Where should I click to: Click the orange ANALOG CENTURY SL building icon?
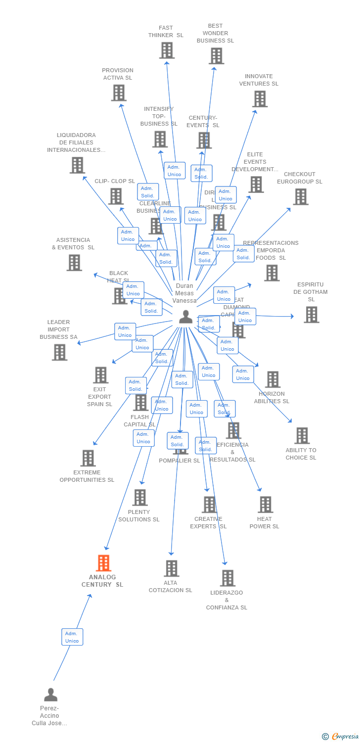(103, 563)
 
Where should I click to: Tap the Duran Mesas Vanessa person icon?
(186, 317)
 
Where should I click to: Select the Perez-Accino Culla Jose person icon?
(50, 695)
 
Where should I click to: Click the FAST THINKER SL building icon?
(167, 50)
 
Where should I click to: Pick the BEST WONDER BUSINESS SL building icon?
(216, 56)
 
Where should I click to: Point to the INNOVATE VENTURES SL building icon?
(260, 99)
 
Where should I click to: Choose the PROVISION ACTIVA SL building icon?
(119, 93)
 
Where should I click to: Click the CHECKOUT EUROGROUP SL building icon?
(300, 197)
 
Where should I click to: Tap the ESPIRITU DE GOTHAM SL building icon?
(311, 315)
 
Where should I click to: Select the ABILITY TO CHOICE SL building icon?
(302, 436)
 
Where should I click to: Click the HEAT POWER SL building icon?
(265, 505)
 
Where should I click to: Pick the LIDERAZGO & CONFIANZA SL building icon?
(227, 578)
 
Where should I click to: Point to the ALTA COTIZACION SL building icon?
(171, 568)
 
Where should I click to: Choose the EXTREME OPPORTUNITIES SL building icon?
(88, 458)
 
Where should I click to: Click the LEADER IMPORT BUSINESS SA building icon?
(59, 352)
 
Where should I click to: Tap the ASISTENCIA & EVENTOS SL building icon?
(74, 263)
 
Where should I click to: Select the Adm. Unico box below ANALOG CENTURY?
(72, 637)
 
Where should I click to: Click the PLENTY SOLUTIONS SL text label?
(139, 515)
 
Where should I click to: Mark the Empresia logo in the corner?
(341, 737)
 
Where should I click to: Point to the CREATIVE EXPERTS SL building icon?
(210, 505)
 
